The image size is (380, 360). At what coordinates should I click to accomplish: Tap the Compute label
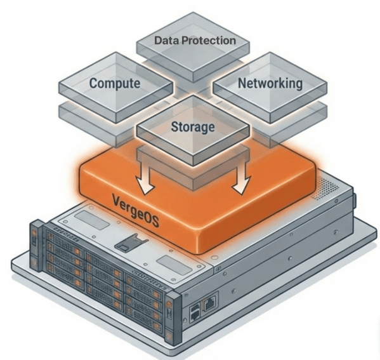(114, 84)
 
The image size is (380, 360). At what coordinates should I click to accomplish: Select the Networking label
(270, 83)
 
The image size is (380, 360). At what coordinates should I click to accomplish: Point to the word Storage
(193, 126)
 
